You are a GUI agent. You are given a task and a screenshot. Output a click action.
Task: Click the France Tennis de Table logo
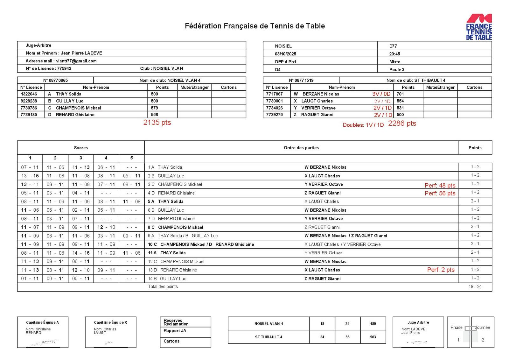click(479, 27)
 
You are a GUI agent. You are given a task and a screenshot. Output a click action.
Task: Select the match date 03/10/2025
click(285, 54)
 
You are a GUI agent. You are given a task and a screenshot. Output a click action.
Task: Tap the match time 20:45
click(394, 54)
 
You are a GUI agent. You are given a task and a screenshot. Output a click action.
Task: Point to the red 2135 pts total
click(157, 123)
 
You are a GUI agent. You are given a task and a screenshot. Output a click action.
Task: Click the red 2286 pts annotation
click(402, 124)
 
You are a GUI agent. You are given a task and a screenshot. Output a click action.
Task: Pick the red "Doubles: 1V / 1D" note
click(363, 125)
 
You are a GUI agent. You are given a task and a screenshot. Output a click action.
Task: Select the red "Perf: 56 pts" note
click(440, 193)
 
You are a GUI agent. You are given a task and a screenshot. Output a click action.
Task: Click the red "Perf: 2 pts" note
click(441, 270)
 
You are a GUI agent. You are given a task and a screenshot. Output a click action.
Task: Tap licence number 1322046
click(29, 94)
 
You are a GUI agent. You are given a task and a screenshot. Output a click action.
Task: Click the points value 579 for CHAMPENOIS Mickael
click(154, 108)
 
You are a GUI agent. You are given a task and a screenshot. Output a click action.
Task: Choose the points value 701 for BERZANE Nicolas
click(400, 94)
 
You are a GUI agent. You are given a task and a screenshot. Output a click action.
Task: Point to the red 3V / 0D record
click(381, 94)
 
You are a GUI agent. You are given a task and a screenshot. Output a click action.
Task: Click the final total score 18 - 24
click(475, 287)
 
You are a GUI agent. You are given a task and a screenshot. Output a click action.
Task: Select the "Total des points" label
click(163, 287)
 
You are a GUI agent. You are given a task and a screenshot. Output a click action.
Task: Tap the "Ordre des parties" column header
click(301, 148)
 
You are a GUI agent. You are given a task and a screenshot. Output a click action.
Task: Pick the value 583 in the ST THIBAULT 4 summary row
click(373, 337)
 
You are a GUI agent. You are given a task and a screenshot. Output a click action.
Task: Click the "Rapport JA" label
click(175, 331)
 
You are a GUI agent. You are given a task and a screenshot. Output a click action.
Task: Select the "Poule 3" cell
click(397, 69)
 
